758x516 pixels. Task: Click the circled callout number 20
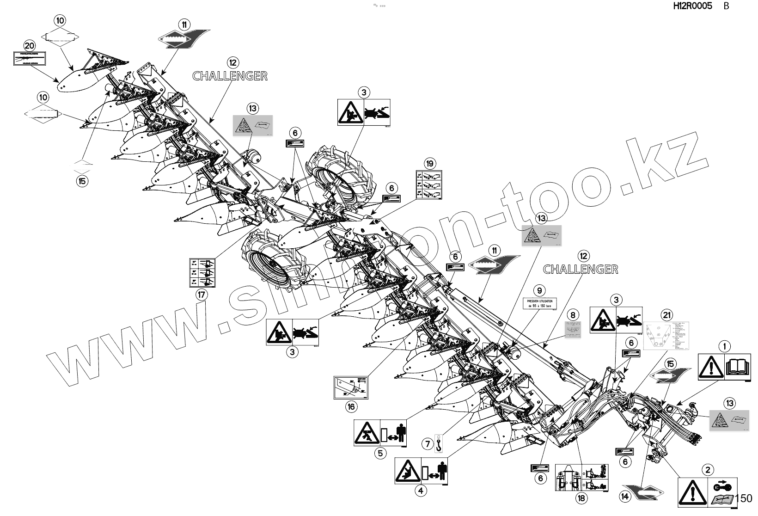[x=30, y=45]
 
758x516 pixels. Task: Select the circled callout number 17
[x=201, y=294]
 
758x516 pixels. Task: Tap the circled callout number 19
[x=430, y=163]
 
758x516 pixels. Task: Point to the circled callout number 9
[x=539, y=291]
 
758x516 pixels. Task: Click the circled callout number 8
[x=573, y=315]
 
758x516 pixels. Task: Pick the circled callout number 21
[x=666, y=316]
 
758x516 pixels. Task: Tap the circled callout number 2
[x=708, y=470]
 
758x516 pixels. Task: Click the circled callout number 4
[x=421, y=491]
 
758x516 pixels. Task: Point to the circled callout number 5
[x=380, y=453]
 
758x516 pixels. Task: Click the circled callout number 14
[x=625, y=497]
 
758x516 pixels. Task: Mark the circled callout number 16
[x=351, y=406]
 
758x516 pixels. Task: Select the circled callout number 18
[x=581, y=498]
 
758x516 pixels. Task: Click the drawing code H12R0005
[x=692, y=6]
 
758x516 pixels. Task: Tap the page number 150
[x=743, y=498]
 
